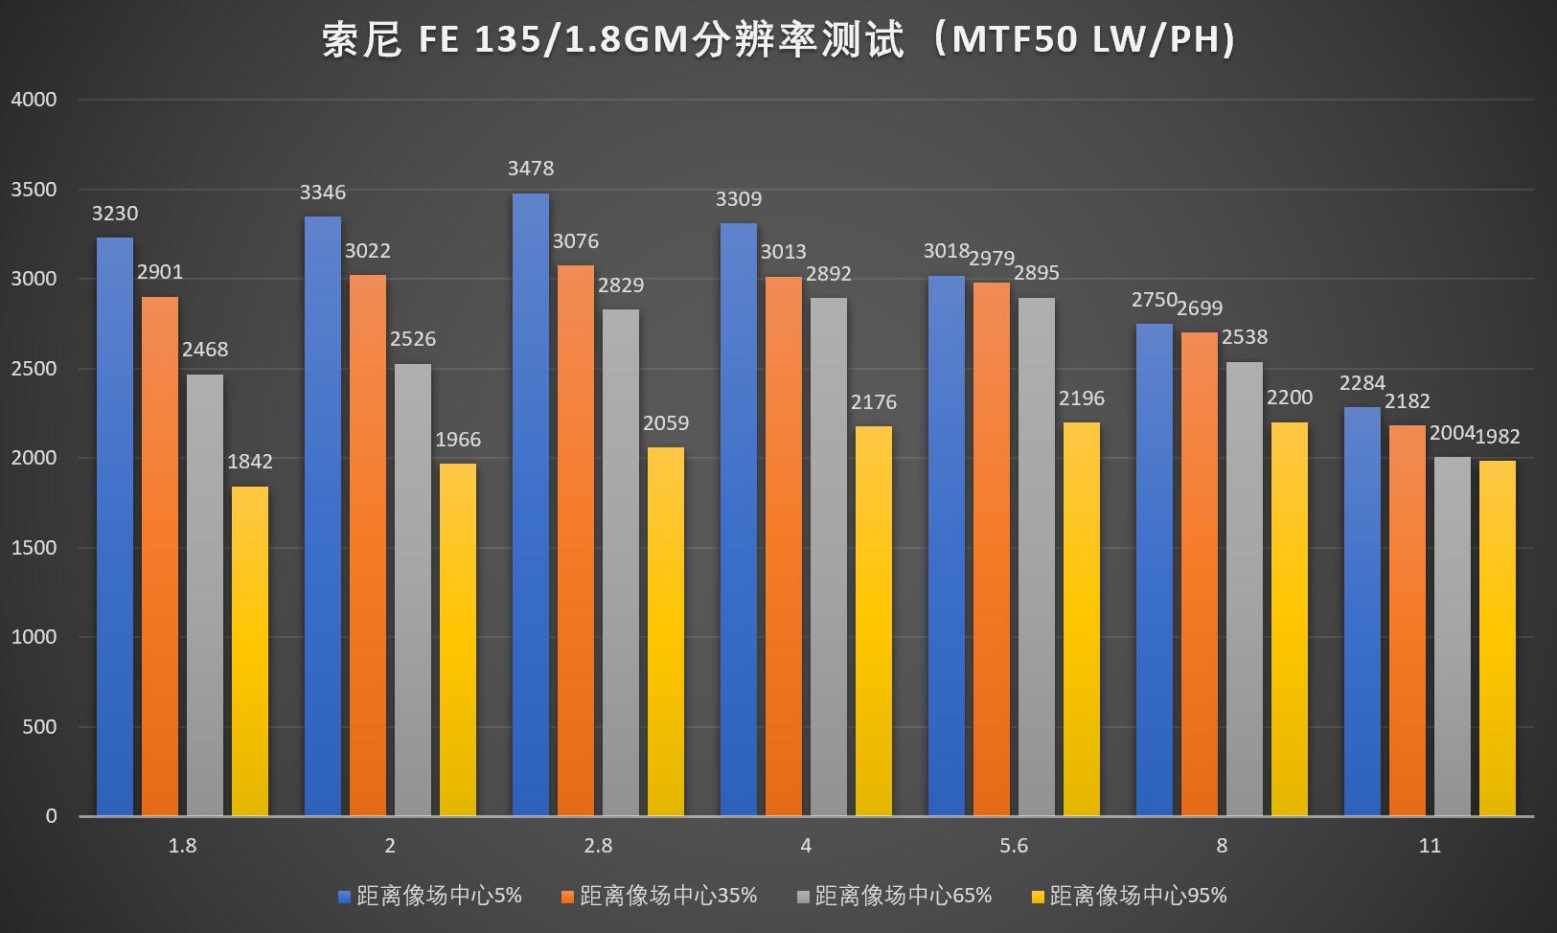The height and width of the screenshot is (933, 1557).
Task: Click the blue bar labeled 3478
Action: point(531,505)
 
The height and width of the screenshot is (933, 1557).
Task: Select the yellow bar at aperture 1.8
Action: point(250,651)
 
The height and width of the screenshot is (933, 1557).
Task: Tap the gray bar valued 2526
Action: point(413,590)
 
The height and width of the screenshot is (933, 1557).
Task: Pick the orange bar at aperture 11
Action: point(1408,621)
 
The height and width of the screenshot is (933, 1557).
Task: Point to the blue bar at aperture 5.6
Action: point(947,546)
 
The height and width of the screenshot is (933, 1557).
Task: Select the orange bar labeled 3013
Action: point(784,546)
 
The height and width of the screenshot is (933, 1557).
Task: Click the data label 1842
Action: point(250,462)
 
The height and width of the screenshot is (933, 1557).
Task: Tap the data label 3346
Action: point(323,193)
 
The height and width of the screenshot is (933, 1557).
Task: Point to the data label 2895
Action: point(1037,273)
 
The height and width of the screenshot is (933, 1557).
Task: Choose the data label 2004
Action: point(1452,433)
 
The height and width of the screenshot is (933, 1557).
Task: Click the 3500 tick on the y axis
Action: point(34,190)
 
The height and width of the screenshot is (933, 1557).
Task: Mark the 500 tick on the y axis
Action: point(39,727)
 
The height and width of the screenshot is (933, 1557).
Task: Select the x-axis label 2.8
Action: point(598,846)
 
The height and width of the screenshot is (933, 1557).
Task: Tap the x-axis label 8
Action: point(1222,846)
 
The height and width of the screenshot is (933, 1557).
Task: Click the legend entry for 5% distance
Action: point(430,896)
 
